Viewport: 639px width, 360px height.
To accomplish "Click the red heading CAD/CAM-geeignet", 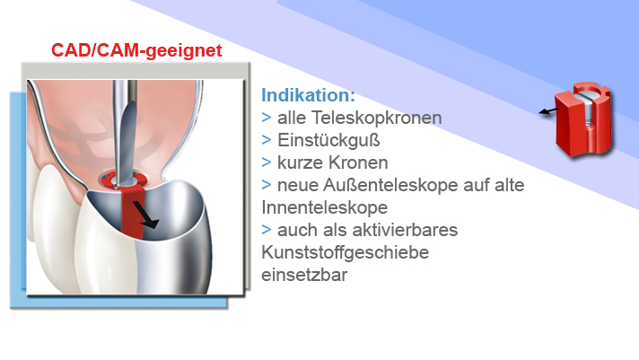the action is tap(136, 51).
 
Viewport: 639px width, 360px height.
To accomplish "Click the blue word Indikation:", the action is tap(308, 95).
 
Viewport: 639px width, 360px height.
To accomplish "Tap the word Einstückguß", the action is tap(328, 140).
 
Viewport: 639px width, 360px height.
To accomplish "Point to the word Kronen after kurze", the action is tap(359, 162).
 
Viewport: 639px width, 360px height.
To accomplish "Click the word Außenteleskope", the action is tap(390, 185).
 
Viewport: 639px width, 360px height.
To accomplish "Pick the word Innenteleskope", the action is tap(324, 207).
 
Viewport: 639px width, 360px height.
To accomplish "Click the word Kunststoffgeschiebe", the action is tap(346, 252).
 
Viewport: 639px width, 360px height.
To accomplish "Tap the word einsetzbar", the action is tap(304, 275).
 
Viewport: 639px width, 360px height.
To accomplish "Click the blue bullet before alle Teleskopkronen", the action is tap(267, 118).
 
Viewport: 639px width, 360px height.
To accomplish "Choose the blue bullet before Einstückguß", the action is tap(267, 140).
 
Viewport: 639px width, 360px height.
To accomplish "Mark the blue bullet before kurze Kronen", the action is tap(267, 162).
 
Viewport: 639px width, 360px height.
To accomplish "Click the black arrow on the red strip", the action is tap(145, 215).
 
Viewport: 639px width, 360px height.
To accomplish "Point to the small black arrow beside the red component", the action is tap(549, 110).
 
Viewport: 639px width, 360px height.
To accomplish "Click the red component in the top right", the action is tap(583, 119).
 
